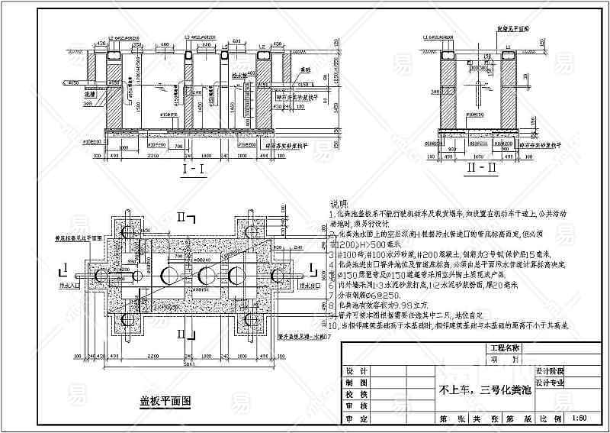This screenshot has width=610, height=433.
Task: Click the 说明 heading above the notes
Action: tap(339, 204)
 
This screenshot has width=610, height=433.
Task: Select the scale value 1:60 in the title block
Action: tap(578, 418)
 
